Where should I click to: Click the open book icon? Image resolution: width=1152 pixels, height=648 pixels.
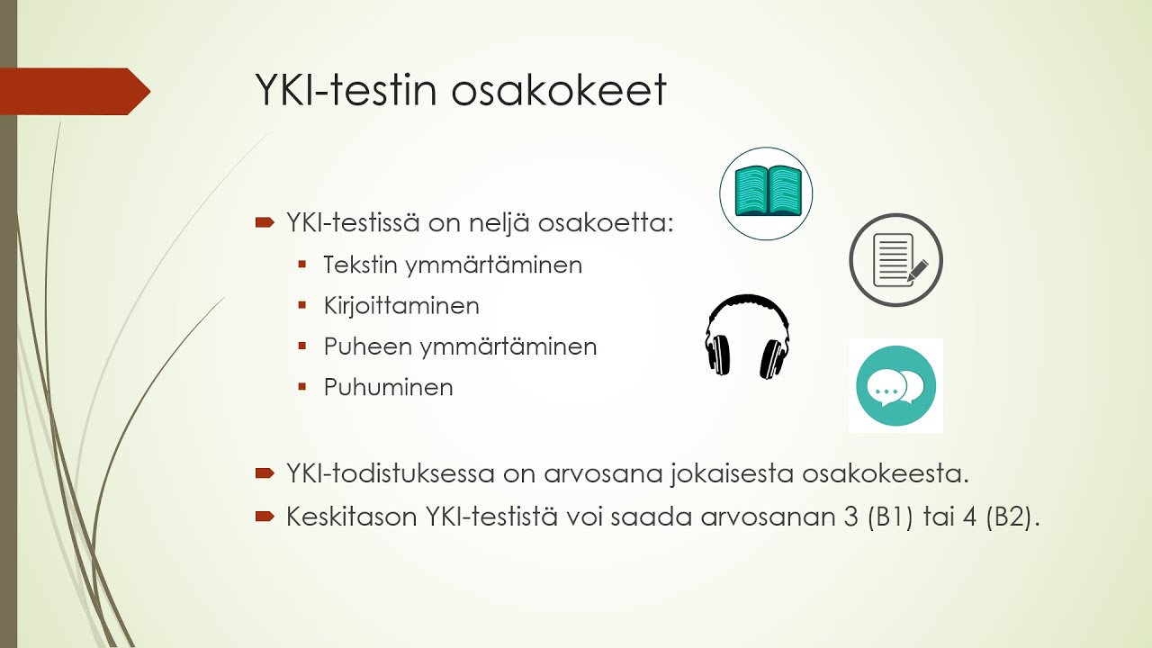click(766, 193)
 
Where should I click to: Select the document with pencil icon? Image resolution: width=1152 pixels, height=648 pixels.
click(895, 260)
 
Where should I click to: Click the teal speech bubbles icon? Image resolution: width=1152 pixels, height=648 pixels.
click(895, 386)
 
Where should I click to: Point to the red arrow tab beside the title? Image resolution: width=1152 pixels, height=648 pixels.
click(76, 91)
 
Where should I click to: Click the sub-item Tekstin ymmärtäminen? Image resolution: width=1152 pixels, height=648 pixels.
click(453, 265)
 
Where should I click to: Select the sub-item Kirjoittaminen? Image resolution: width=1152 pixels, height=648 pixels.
click(401, 306)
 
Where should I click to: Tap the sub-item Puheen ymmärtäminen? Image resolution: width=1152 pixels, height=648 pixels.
click(460, 346)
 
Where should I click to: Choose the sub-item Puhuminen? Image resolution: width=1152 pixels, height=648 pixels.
click(388, 388)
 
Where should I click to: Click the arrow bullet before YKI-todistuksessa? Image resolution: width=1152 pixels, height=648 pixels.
click(265, 472)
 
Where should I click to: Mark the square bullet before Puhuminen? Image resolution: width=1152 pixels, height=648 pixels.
click(302, 387)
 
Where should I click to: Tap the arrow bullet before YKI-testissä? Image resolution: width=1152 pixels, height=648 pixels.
click(265, 222)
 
